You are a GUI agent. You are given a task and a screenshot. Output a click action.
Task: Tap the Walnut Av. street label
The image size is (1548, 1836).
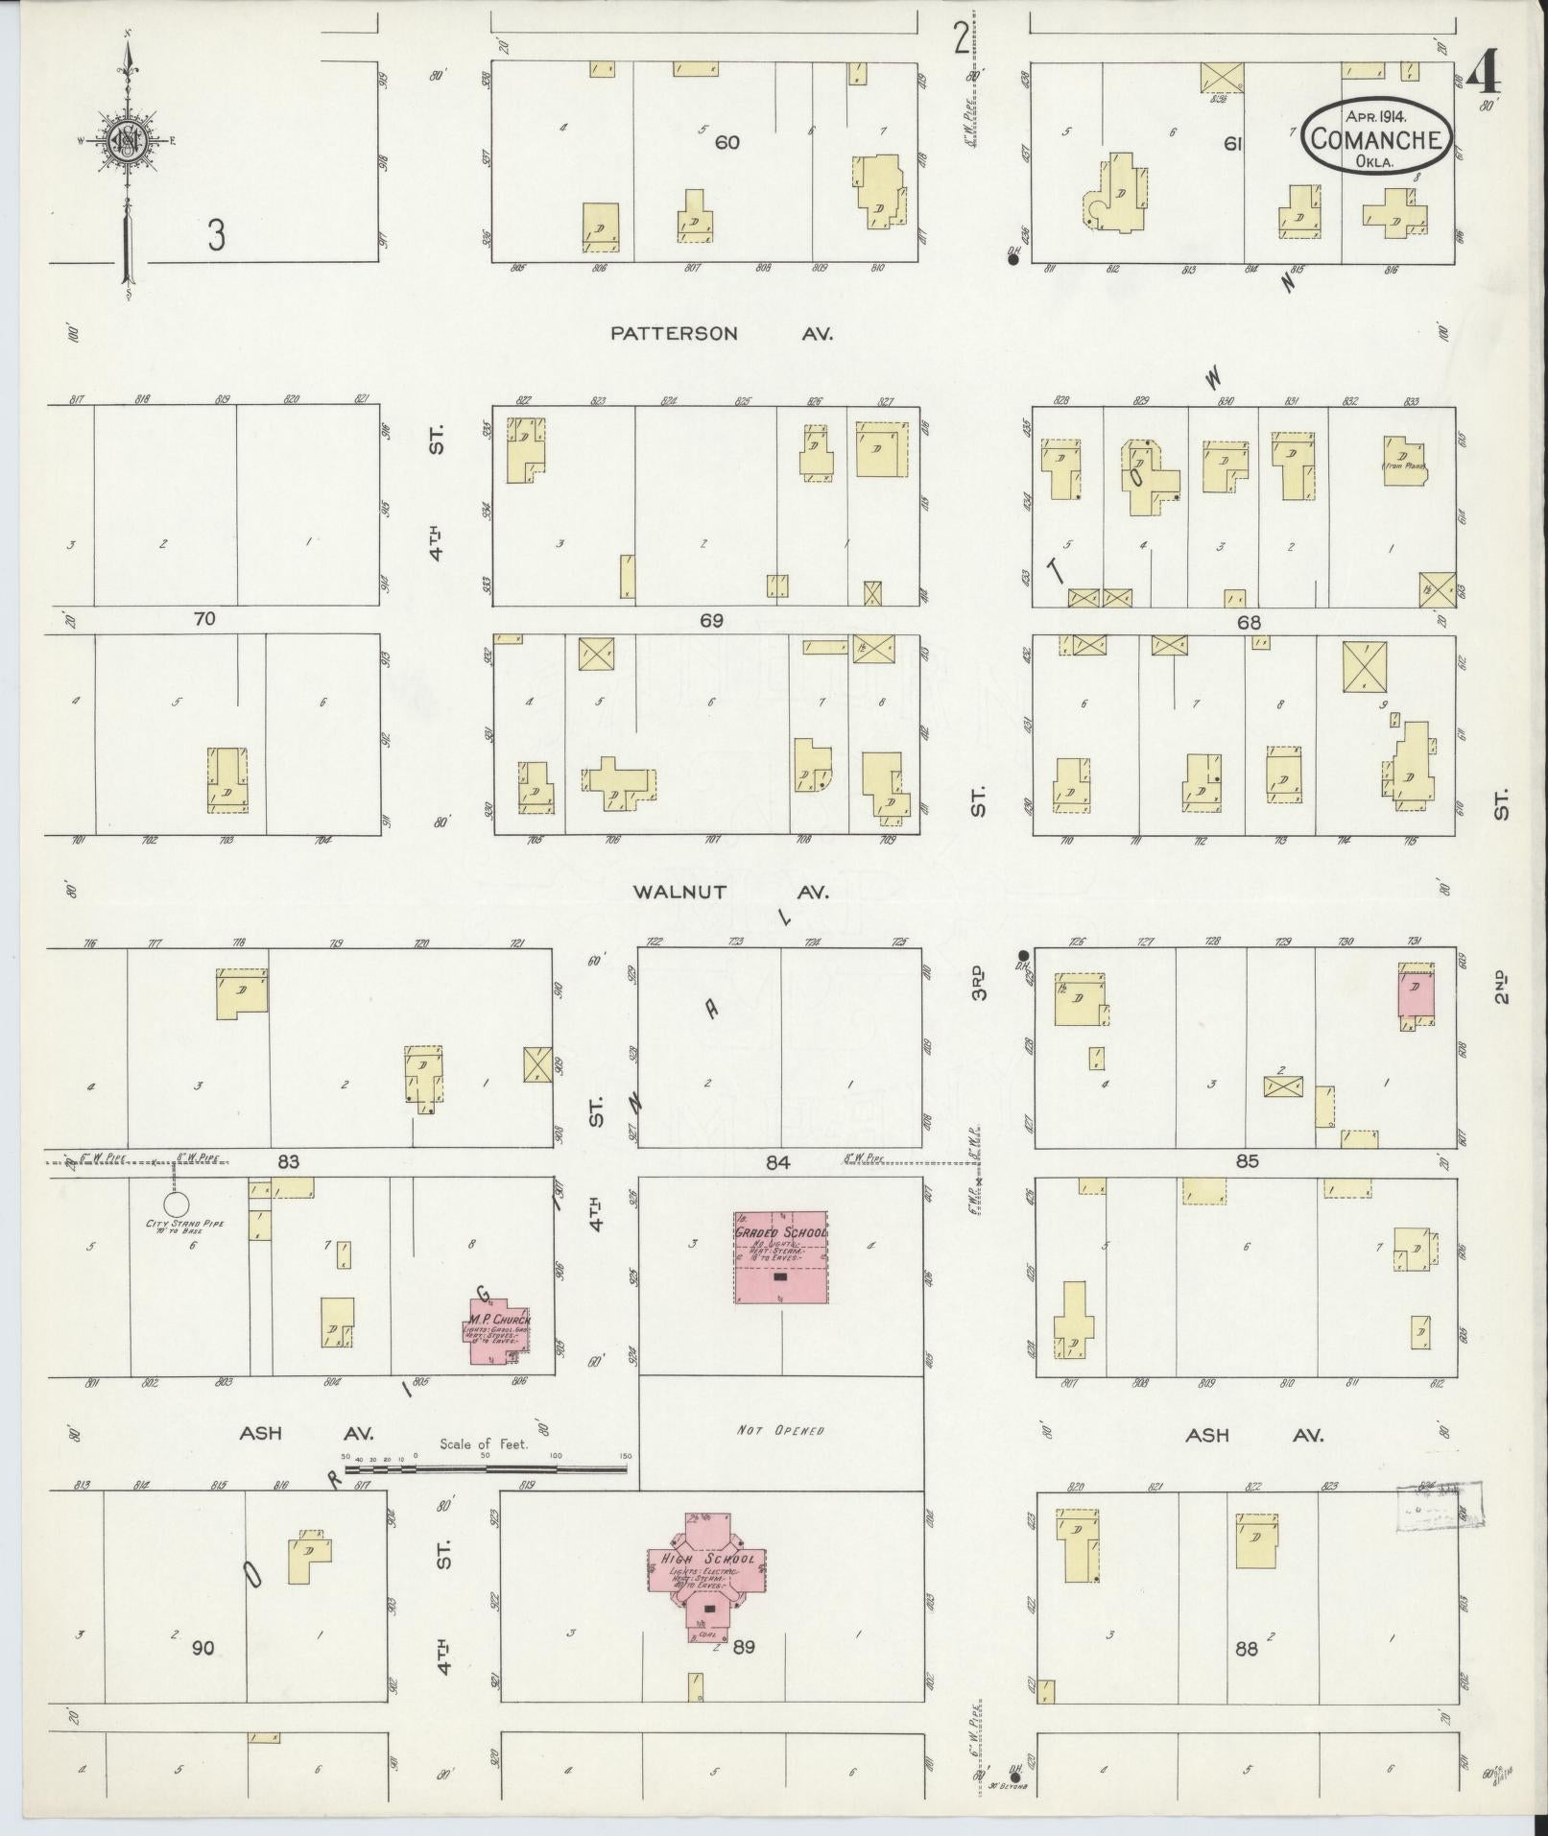pos(729,893)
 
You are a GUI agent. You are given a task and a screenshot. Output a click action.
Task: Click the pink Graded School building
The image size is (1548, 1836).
pos(781,1256)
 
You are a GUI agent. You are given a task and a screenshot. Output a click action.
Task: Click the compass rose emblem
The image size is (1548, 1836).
pos(127,143)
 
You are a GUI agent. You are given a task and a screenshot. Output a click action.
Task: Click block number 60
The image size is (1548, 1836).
pos(727,142)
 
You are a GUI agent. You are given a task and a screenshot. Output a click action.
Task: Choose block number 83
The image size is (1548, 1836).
pos(288,1162)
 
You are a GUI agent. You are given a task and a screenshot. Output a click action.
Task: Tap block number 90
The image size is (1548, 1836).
pos(202,1649)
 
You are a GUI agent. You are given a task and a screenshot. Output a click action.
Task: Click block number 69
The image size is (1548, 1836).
pos(710,621)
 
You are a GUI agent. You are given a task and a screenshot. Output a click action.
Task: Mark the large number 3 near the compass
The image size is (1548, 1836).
pos(217,235)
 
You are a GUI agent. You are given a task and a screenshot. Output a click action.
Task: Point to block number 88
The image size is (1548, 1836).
pos(1247,1649)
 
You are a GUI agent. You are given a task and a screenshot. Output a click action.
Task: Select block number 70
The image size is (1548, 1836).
pos(204,619)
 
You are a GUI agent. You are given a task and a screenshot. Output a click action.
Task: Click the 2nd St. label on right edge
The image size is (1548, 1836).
pos(1501,989)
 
